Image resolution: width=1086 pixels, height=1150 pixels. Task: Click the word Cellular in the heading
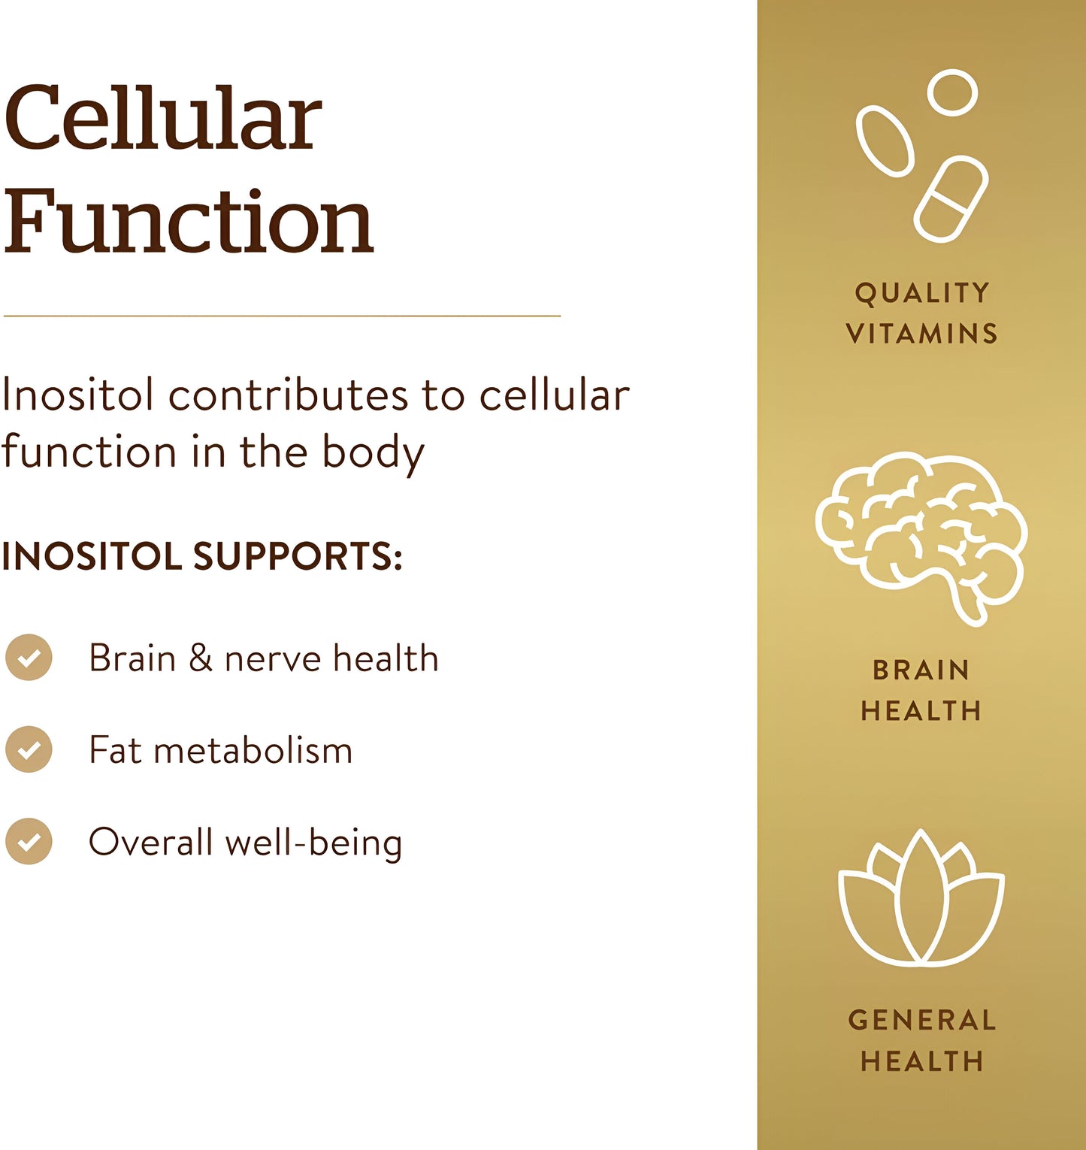coord(163,119)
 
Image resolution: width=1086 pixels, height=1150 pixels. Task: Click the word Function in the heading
coord(189,222)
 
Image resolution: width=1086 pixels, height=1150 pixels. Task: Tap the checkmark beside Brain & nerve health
coord(29,658)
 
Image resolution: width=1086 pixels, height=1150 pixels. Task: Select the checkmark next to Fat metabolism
coord(29,749)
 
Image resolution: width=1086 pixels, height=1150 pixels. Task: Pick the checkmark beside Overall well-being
coord(29,841)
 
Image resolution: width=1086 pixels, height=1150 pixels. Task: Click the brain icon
coord(921,537)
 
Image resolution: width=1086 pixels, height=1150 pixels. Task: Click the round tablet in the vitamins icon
coord(952,92)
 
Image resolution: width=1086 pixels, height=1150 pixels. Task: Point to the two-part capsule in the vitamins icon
coord(951,200)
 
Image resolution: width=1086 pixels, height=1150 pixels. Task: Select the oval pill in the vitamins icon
coord(885,141)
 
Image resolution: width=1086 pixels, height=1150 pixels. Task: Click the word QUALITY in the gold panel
coord(922,293)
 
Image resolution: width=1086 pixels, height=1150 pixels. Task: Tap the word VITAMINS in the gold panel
coord(922,334)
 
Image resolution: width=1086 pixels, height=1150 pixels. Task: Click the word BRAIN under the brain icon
coord(921,670)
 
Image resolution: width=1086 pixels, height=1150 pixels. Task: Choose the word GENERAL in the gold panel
coord(922,1021)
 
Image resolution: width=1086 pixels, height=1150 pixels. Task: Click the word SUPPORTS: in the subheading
coord(298,557)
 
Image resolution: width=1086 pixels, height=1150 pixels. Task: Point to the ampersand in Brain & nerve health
coord(200,658)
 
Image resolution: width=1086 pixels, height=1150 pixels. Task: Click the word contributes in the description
coord(289,395)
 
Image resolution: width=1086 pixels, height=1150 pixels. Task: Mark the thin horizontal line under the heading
coord(282,316)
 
